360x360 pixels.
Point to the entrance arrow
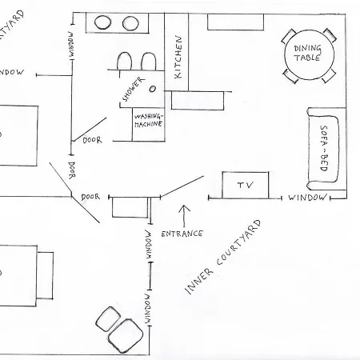click(184, 216)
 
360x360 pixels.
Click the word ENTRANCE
click(182, 234)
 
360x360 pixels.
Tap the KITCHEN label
click(178, 57)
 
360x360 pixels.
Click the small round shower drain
click(153, 89)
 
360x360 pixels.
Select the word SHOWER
click(134, 89)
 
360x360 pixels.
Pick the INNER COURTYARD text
click(223, 257)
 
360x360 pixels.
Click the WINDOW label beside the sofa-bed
click(307, 198)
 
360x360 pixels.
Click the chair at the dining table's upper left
click(288, 37)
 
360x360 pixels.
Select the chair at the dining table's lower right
click(329, 76)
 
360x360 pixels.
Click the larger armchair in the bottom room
click(125, 336)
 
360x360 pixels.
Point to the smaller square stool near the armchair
click(108, 318)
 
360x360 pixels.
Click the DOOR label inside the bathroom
click(92, 140)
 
